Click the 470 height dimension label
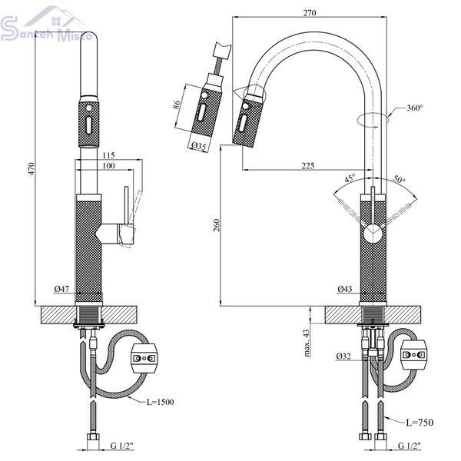[32, 169]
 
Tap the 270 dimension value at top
[310, 13]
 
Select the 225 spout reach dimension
[308, 166]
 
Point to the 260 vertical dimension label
[217, 225]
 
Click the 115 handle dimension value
[108, 155]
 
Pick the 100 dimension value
[108, 166]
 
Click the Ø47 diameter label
[61, 289]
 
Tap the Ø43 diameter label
[344, 289]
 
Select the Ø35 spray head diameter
[199, 146]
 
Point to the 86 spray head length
[177, 105]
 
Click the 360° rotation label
[415, 108]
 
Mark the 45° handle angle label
[350, 178]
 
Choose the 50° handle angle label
[399, 179]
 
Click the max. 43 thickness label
[307, 343]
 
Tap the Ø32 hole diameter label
[343, 357]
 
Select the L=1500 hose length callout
[161, 402]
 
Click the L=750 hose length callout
[420, 423]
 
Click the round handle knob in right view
[373, 234]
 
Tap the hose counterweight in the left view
[144, 358]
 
